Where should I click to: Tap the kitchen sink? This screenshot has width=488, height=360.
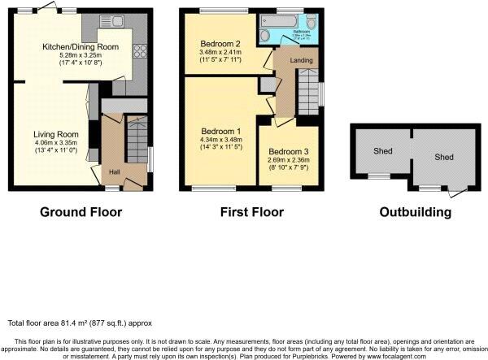(x=116, y=20)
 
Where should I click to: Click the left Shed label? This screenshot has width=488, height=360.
(x=382, y=151)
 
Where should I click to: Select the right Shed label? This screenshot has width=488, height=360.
(x=444, y=157)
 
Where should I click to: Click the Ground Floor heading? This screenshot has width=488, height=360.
(x=81, y=213)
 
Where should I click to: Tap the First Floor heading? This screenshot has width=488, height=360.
(x=251, y=213)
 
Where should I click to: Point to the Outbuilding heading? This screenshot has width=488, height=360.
(x=415, y=213)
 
